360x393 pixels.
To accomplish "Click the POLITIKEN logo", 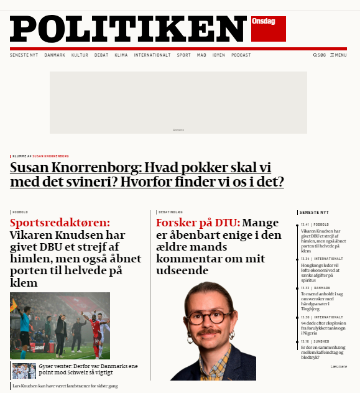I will click(128, 29).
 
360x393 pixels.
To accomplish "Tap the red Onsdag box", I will click(269, 29).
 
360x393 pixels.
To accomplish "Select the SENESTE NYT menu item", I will click(24, 55).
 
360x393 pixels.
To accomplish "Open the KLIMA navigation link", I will click(121, 55).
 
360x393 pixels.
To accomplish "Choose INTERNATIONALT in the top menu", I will click(152, 55).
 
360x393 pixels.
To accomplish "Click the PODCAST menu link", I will click(241, 55).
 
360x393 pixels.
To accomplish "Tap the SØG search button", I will click(320, 55).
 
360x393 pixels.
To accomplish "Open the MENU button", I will click(339, 55).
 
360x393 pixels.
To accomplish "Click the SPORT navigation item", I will click(184, 55).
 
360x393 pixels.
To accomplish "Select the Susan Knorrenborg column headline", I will click(147, 175).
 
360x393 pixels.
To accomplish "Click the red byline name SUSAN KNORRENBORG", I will click(51, 155).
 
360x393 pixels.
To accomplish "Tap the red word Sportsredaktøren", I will click(60, 223).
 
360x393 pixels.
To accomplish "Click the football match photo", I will click(60, 325).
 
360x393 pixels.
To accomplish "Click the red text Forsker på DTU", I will click(197, 223).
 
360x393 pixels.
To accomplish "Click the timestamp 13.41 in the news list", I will click(305, 224).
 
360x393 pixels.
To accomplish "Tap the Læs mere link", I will click(338, 367).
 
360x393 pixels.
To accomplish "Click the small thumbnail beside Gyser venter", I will click(24, 371).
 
